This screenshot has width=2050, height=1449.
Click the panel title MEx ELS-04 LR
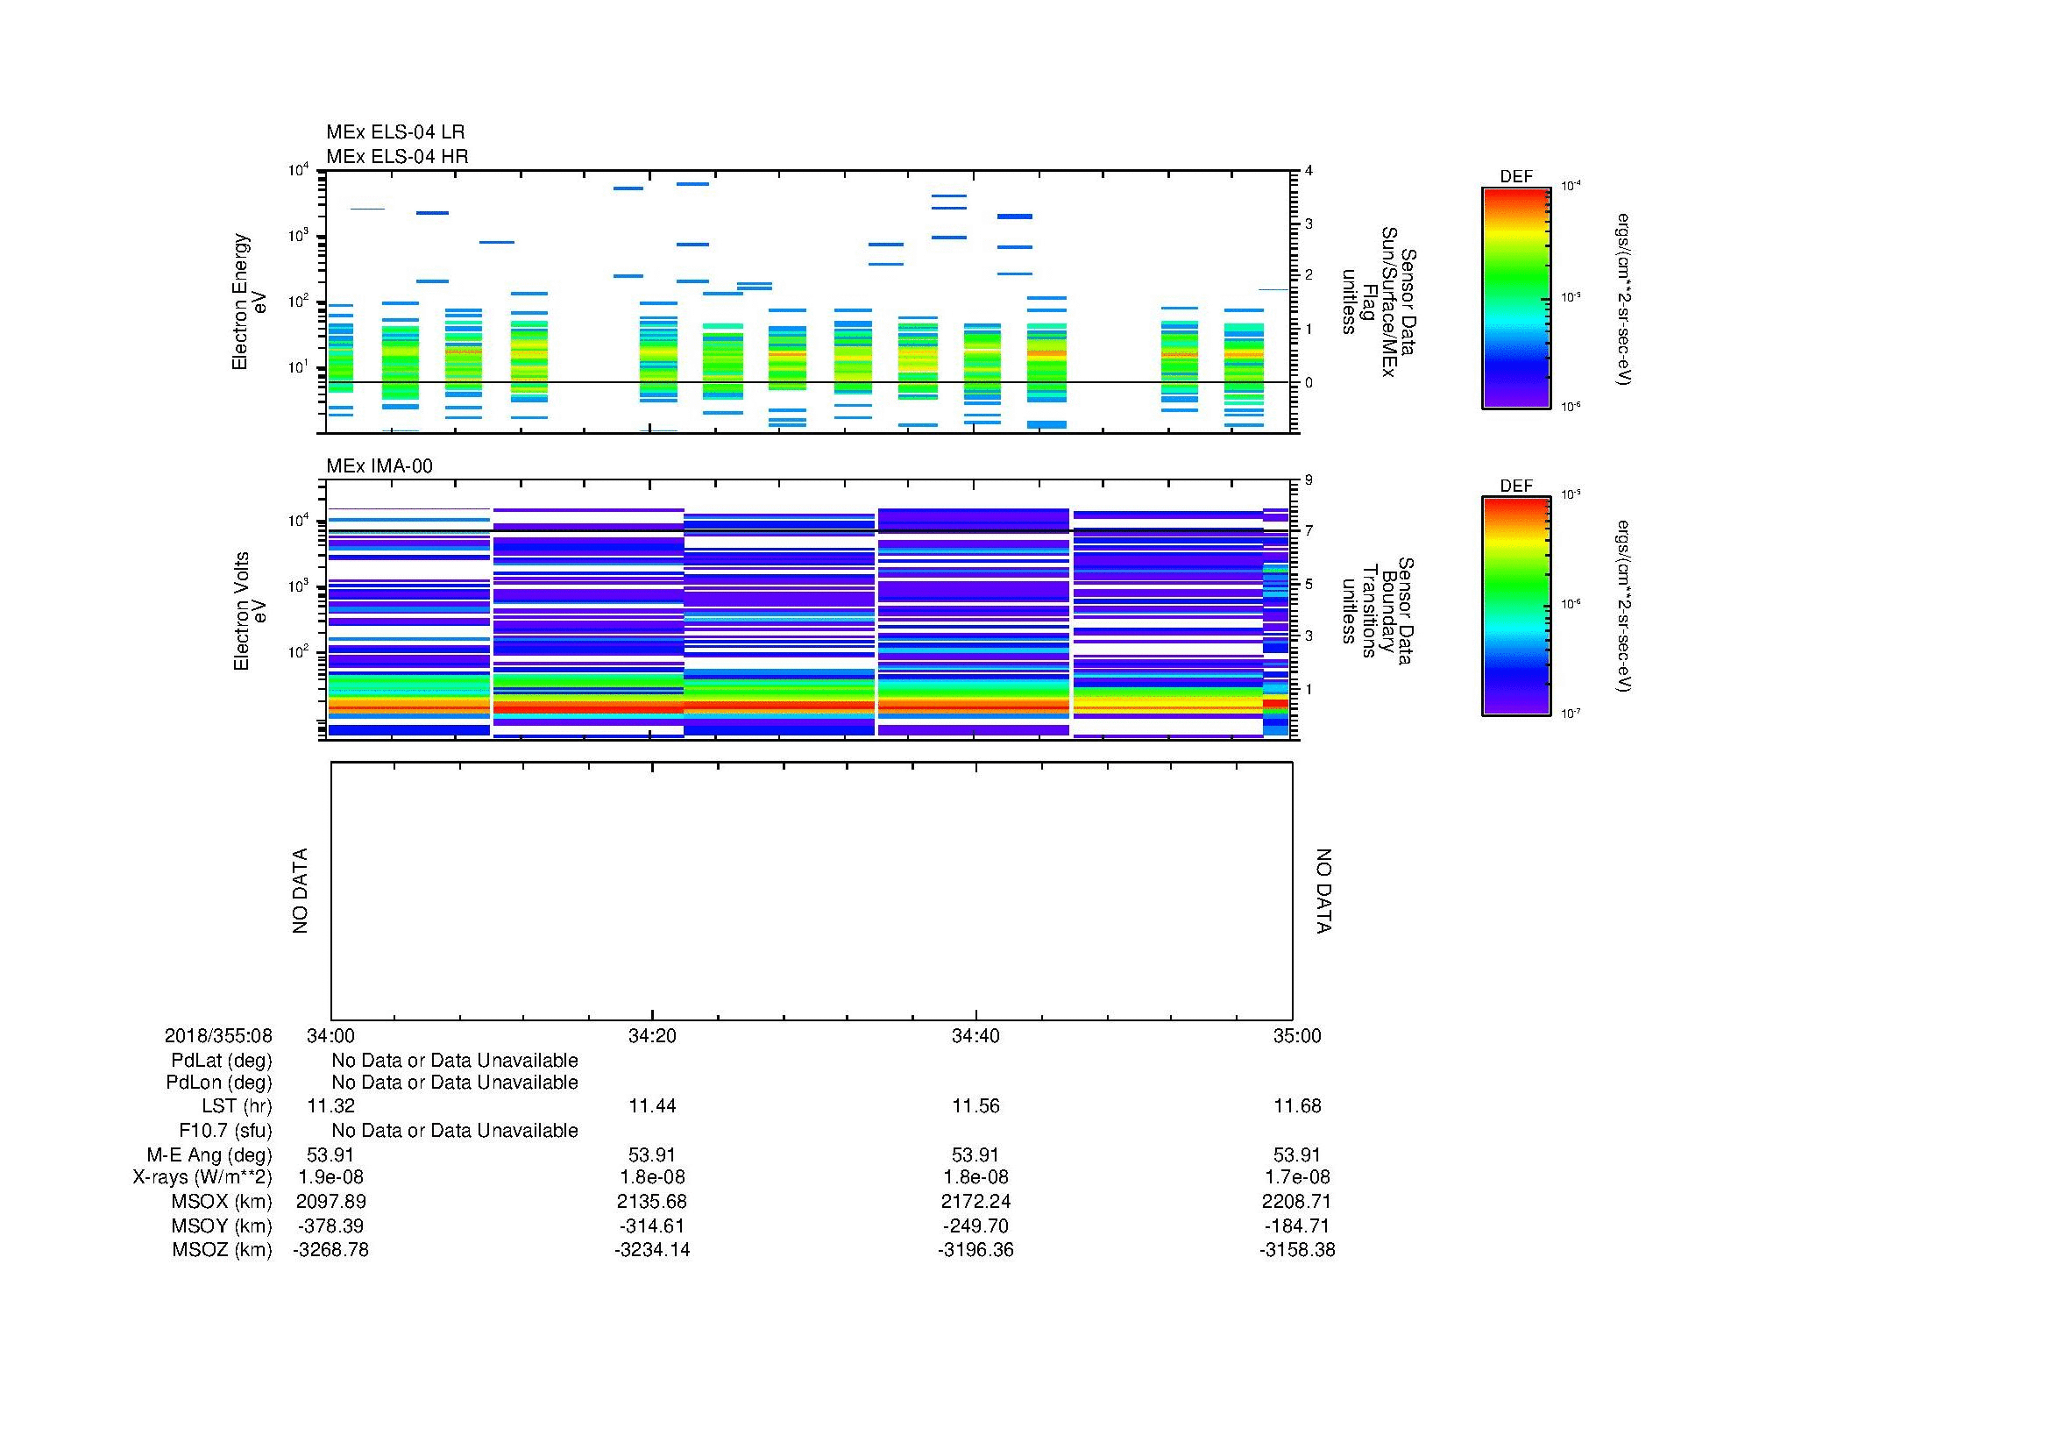[x=394, y=132]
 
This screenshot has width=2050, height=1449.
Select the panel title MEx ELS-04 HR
[x=396, y=156]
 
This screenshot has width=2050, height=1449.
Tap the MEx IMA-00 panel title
[x=379, y=466]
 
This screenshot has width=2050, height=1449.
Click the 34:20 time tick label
[x=652, y=1035]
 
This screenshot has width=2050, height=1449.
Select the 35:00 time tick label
[x=1296, y=1035]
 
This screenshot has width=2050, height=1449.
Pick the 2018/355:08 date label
[x=218, y=1035]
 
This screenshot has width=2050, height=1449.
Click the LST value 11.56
[x=975, y=1106]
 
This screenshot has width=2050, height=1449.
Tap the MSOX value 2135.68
[x=652, y=1202]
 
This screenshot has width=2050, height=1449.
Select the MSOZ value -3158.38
[x=1296, y=1250]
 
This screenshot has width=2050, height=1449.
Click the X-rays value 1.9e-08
[x=331, y=1177]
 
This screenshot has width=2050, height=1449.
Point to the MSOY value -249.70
[x=975, y=1225]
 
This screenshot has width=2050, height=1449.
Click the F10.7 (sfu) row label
[x=225, y=1130]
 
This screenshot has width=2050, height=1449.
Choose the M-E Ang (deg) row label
[x=209, y=1154]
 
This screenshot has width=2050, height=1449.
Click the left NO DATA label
[x=300, y=891]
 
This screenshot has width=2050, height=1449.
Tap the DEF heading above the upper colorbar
[x=1516, y=177]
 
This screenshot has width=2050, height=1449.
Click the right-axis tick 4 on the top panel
[x=1308, y=171]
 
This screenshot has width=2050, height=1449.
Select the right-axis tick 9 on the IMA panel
[x=1308, y=480]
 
